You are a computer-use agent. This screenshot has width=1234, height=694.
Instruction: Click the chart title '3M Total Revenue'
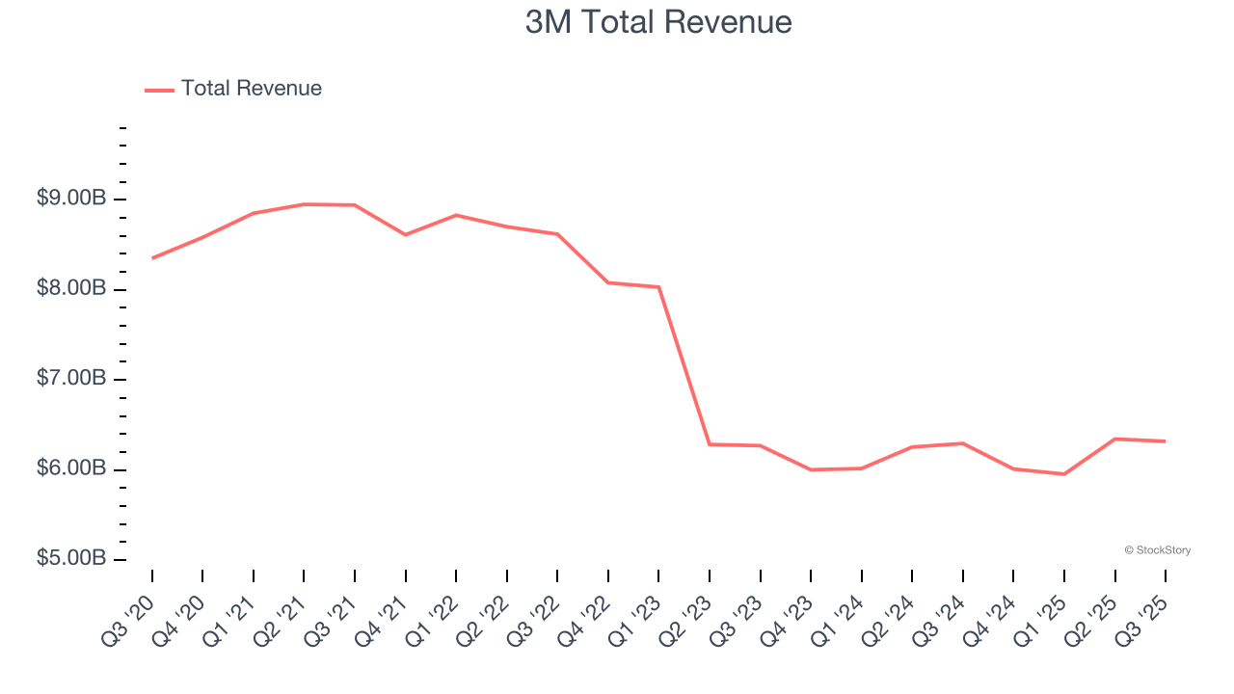tap(658, 22)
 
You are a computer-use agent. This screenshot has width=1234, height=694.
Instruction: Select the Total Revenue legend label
tap(251, 89)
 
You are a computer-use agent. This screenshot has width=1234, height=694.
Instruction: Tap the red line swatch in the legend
tap(159, 90)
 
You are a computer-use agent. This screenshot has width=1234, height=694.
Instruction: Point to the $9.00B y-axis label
tap(70, 199)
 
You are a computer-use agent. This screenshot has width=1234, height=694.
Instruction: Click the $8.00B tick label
tap(70, 288)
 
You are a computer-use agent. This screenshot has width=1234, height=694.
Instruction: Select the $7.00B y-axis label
tap(70, 378)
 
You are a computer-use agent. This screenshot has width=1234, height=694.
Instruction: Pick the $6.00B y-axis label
tap(70, 468)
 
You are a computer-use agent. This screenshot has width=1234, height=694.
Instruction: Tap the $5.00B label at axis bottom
tap(70, 559)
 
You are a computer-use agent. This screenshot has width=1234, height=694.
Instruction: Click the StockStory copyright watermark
tap(1157, 550)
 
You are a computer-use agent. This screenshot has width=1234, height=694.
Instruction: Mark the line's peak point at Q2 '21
tap(304, 204)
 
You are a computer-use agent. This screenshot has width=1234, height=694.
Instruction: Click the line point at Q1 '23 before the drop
tap(658, 287)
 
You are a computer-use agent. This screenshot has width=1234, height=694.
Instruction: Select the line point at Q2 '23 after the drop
tap(710, 444)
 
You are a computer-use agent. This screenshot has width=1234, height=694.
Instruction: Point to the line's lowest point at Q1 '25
tap(1064, 474)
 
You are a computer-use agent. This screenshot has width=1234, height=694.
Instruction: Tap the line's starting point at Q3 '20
tap(152, 258)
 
